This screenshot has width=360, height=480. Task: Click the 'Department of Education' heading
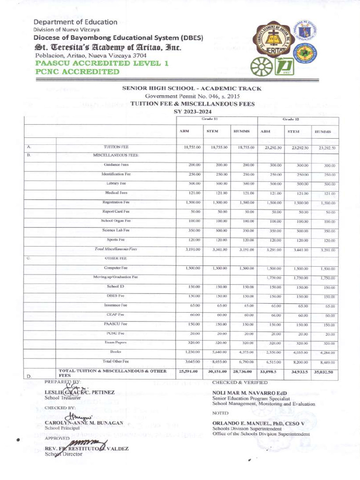[75, 22]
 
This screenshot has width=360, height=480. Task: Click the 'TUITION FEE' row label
[116, 147]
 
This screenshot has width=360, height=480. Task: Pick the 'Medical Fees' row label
[116, 193]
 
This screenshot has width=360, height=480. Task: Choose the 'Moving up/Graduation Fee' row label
[116, 277]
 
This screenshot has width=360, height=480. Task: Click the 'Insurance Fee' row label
[116, 305]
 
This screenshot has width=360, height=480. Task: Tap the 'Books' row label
[116, 352]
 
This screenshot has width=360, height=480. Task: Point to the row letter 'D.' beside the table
[29, 376]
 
